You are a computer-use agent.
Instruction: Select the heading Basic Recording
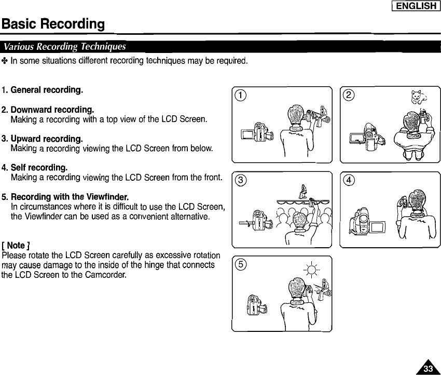point(53,24)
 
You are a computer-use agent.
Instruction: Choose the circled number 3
point(241,180)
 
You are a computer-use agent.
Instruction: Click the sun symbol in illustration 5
point(312,271)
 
